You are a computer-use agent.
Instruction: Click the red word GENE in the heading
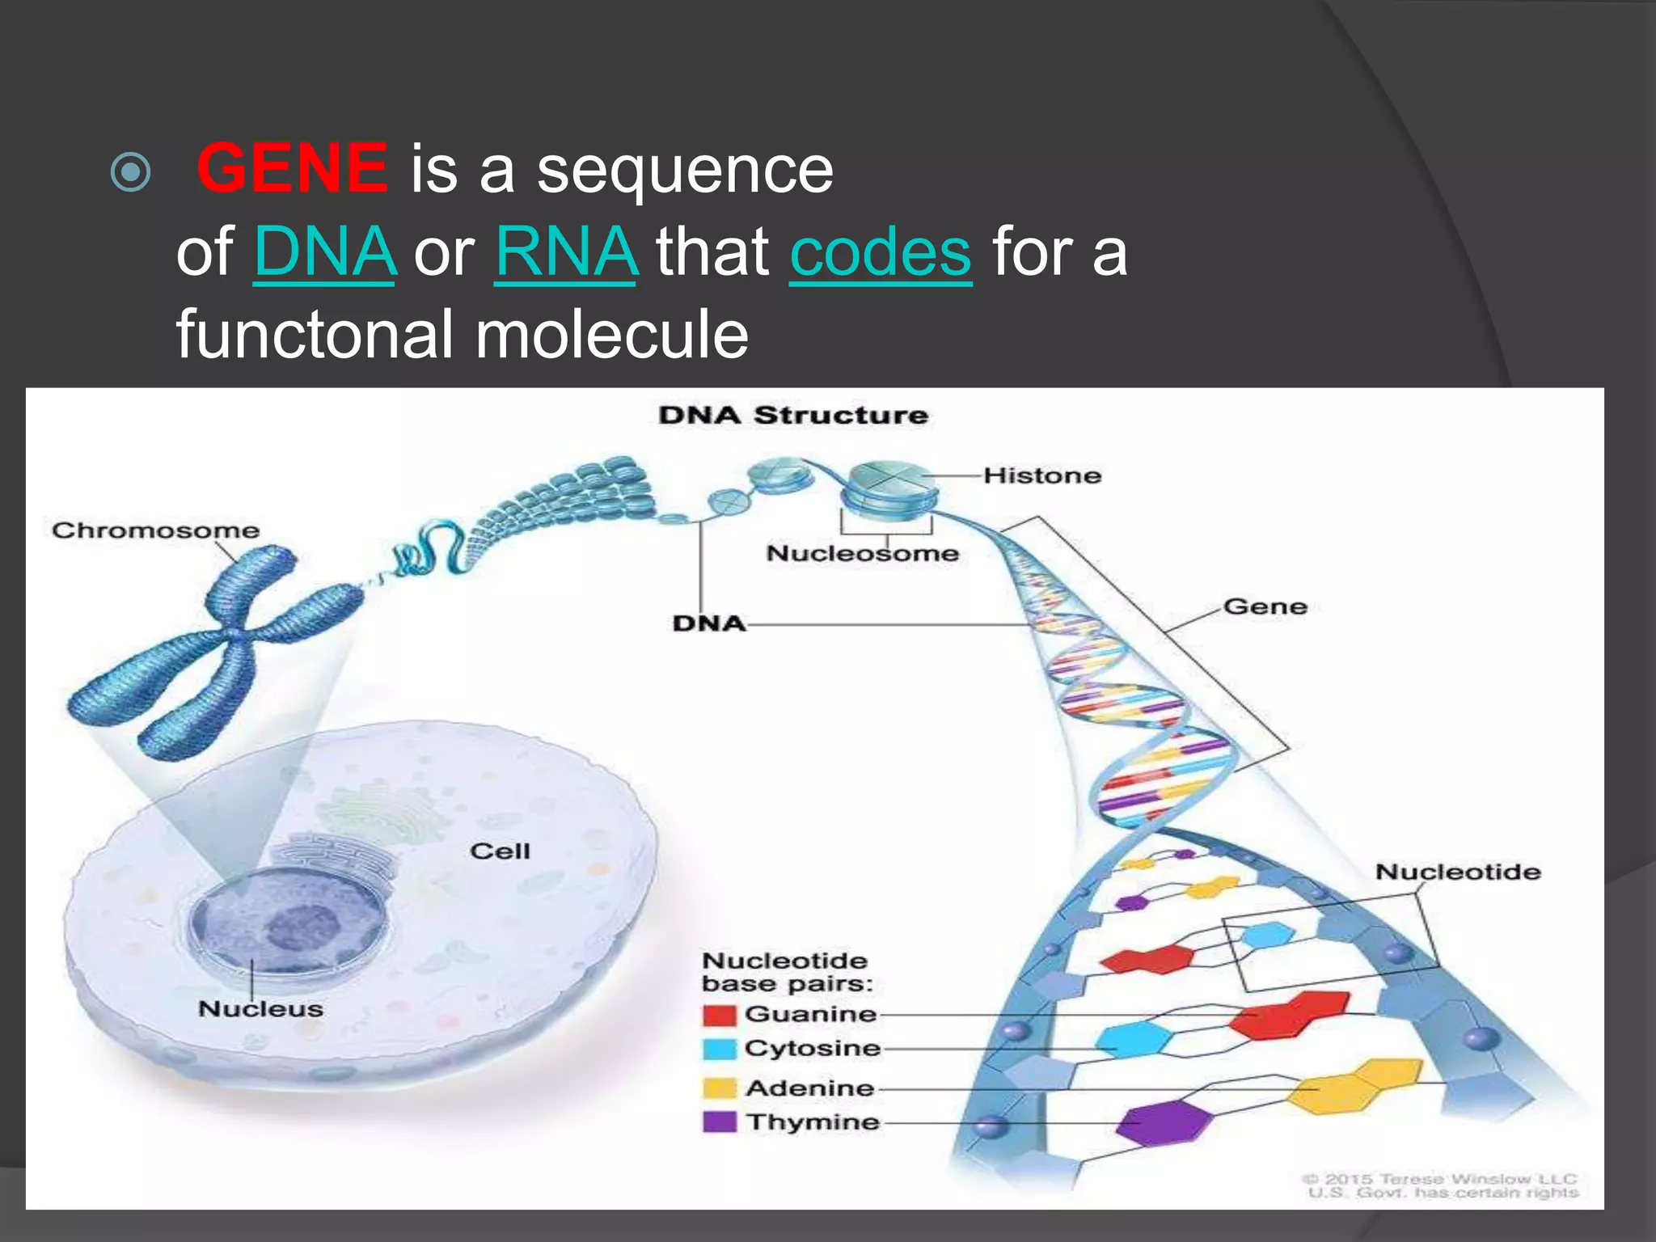coord(292,168)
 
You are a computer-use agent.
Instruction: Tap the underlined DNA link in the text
coord(325,251)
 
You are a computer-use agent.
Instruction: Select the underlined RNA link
coord(566,251)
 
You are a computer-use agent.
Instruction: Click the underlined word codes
coord(881,251)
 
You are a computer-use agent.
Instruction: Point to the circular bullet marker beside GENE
coord(130,171)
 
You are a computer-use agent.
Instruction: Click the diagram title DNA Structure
coord(792,416)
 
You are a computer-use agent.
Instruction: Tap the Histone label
coord(1042,475)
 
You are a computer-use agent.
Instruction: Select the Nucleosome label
coord(862,554)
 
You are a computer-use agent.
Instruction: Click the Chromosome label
coord(155,530)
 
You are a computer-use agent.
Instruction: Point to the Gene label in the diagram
coord(1265,606)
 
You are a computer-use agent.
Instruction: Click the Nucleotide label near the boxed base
coord(1458,872)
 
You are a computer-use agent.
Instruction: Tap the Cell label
coord(500,851)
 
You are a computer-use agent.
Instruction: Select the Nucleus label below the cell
coord(260,1009)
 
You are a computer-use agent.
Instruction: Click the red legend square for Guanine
coord(719,1015)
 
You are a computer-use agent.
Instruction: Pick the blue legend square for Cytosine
coord(719,1049)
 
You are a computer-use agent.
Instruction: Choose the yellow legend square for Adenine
coord(719,1088)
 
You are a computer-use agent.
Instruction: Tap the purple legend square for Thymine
coord(719,1122)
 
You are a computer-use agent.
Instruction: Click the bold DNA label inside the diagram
coord(708,623)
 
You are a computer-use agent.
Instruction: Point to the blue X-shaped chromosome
coord(218,647)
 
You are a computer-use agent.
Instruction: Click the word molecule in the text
coord(612,335)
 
